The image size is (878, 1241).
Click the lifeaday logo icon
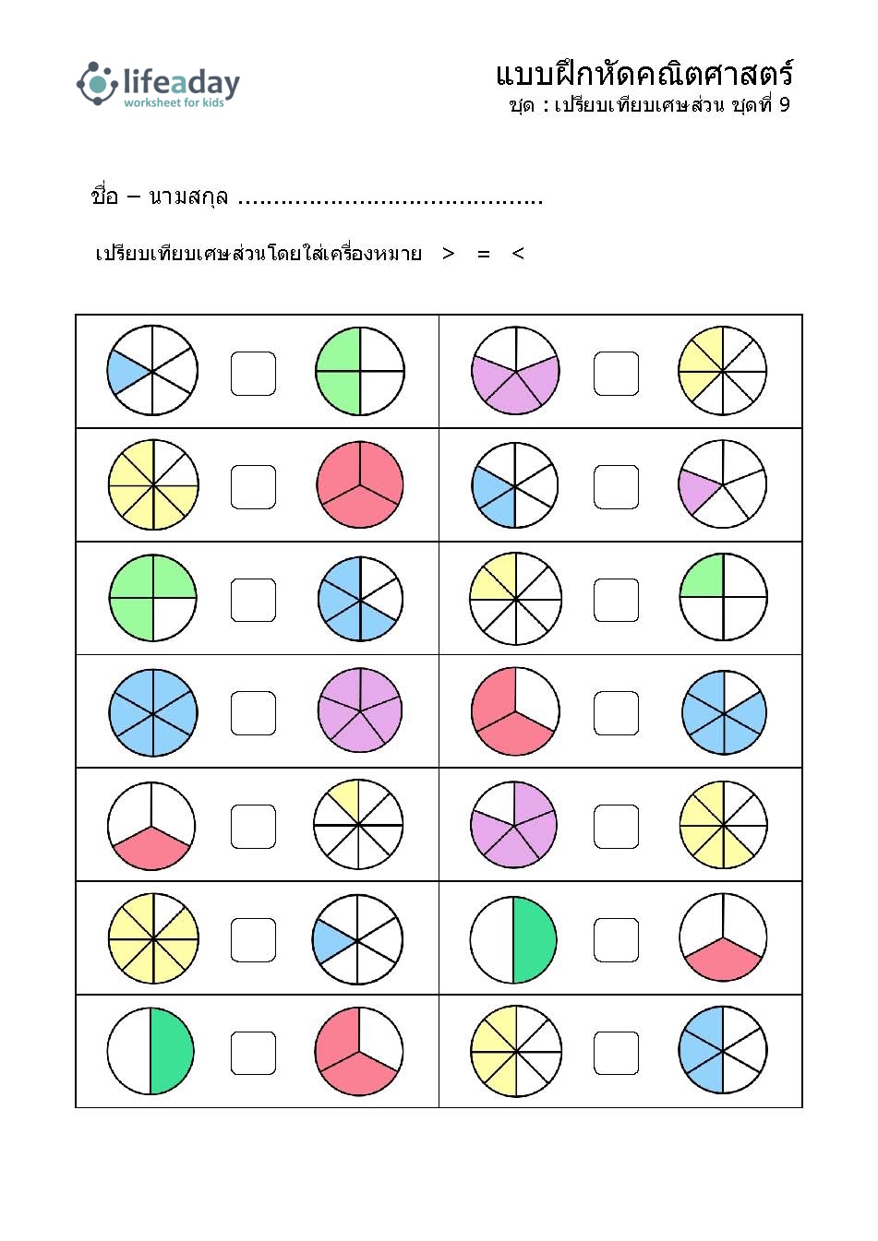(x=97, y=84)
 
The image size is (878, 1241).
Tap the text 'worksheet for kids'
(x=174, y=102)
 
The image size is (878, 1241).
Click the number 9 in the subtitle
(x=784, y=104)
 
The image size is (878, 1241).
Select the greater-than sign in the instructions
(x=449, y=254)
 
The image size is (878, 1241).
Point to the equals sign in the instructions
(x=484, y=255)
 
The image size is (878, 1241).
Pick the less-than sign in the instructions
(x=518, y=254)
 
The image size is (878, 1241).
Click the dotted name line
(x=391, y=203)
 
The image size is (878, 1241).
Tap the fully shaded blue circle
(x=153, y=713)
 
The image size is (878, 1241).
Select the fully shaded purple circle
(x=360, y=710)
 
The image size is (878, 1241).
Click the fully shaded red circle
(x=360, y=484)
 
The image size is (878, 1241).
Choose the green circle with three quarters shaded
(x=153, y=598)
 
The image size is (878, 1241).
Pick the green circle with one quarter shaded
(x=723, y=597)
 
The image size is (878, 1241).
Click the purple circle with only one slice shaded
(x=723, y=484)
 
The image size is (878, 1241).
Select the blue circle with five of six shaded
(x=724, y=712)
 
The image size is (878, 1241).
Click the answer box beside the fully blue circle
(x=253, y=713)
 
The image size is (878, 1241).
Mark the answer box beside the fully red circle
(x=253, y=487)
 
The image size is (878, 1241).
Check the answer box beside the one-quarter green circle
(x=616, y=600)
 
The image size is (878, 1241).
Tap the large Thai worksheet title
(x=644, y=75)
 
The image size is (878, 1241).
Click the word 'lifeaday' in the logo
(x=181, y=82)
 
